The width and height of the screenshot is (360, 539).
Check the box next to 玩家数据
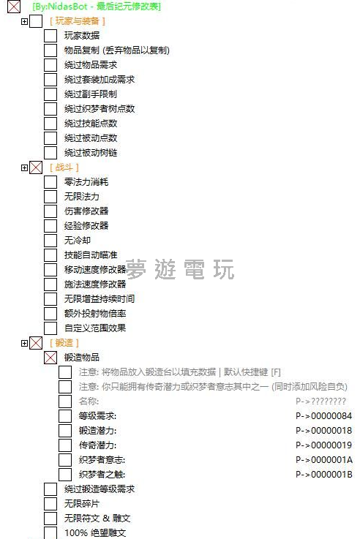pos(50,36)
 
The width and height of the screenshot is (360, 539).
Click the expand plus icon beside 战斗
pos(24,167)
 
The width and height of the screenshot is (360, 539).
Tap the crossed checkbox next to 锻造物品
pos(50,358)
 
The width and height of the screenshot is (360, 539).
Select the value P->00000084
pos(323,416)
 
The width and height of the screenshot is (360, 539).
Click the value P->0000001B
pos(324,475)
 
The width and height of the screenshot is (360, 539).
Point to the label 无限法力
pos(82,197)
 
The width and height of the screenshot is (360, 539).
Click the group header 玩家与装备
pos(78,21)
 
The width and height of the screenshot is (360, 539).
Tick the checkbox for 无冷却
pos(50,241)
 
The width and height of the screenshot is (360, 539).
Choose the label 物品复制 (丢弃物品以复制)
pos(117,50)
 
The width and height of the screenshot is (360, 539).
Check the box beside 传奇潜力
pos(64,445)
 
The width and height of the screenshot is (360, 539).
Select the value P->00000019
pos(323,445)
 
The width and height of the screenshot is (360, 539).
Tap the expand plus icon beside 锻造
pos(24,343)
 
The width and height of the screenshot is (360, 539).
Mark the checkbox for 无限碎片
pos(50,504)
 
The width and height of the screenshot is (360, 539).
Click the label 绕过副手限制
pos(91,94)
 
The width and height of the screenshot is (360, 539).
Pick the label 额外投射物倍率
pos(95,314)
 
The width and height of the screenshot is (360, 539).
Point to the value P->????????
pos(320,402)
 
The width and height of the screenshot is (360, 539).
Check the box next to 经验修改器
pos(50,226)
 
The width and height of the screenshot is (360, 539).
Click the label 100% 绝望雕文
pos(95,533)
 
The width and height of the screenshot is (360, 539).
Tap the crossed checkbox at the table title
pos(14,7)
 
